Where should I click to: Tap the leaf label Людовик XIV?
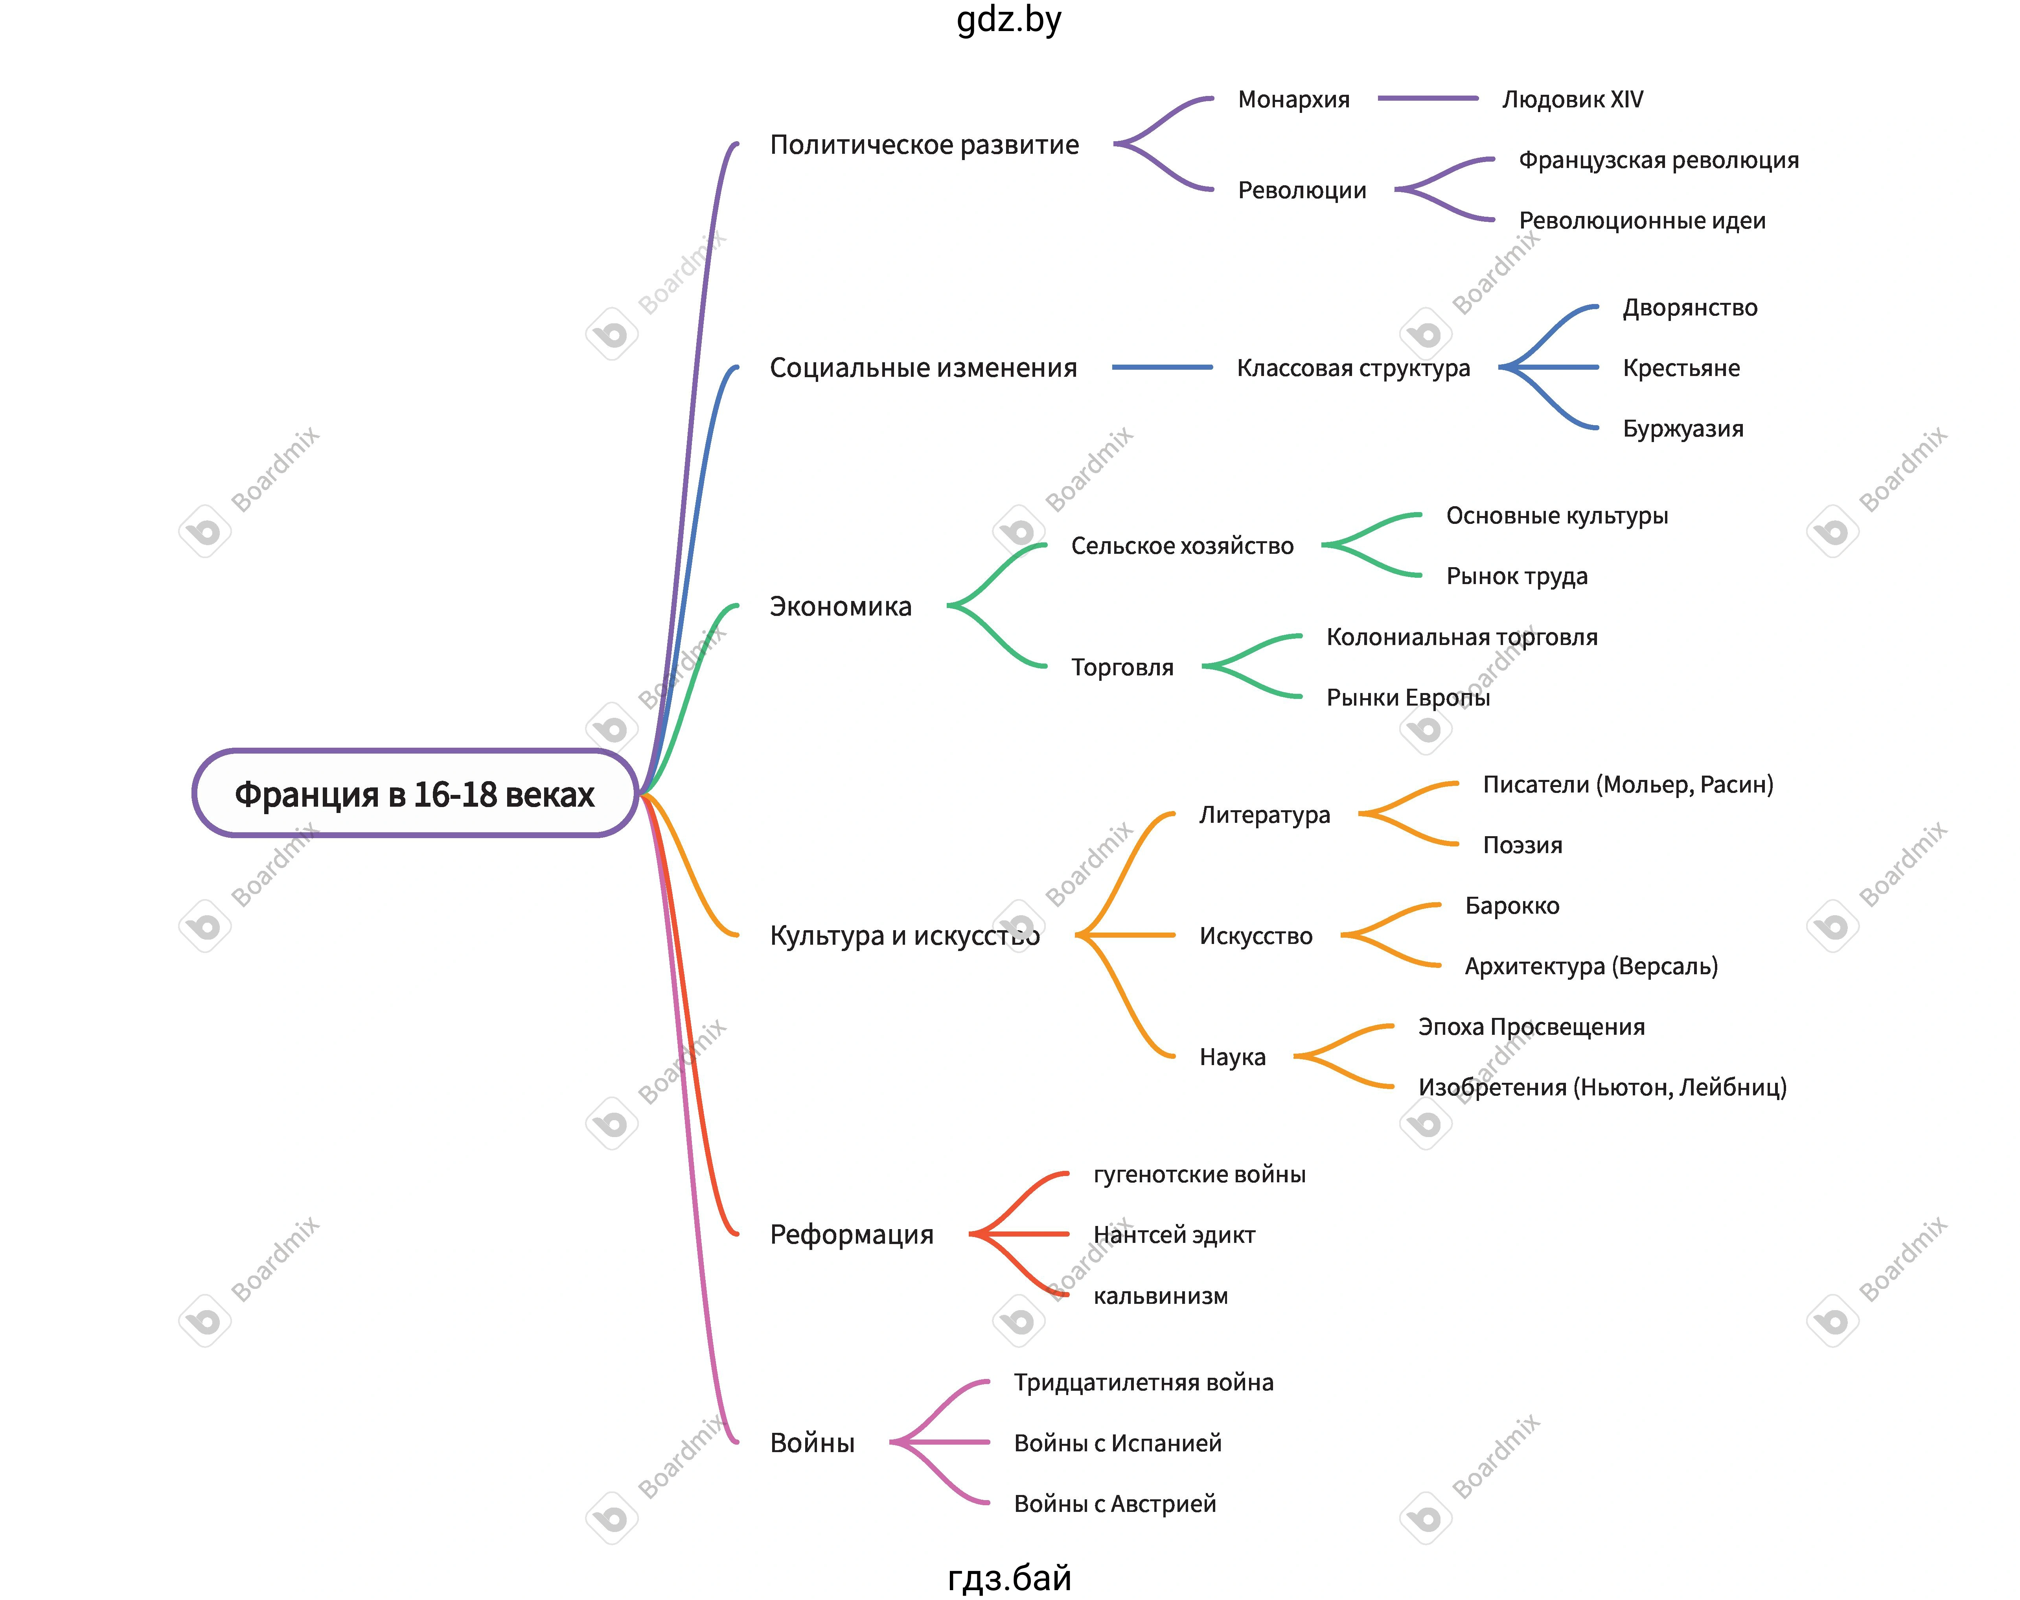click(1572, 99)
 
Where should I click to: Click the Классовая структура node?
click(1353, 368)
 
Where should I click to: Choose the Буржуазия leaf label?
click(1683, 429)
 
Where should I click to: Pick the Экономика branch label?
click(840, 607)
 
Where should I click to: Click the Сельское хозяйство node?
click(1182, 546)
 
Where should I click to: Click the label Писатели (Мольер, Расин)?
click(1628, 785)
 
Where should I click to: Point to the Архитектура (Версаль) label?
click(1591, 967)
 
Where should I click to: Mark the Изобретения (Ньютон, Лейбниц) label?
click(1602, 1088)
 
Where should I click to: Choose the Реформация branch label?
click(851, 1235)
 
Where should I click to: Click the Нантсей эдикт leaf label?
click(1174, 1236)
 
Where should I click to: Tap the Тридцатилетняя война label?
click(1143, 1382)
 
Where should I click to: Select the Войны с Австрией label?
click(1115, 1504)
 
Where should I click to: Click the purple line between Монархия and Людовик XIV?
click(1428, 98)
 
